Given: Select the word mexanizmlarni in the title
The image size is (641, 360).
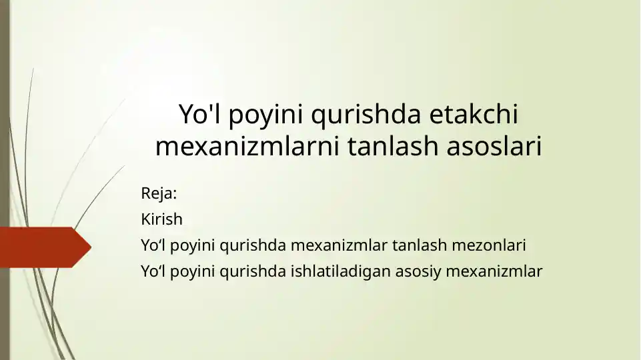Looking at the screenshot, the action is (x=247, y=146).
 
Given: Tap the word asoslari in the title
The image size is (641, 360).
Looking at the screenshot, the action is (x=494, y=146).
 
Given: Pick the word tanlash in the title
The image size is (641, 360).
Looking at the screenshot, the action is (x=393, y=146).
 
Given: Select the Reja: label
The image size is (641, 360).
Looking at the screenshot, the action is (x=159, y=193).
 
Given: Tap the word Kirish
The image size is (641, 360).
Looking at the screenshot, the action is (x=161, y=219).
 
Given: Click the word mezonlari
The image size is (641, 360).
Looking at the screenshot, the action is (x=488, y=245).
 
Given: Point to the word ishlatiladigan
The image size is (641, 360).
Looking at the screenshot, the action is (x=341, y=271).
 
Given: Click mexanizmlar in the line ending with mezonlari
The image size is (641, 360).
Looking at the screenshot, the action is (x=339, y=245).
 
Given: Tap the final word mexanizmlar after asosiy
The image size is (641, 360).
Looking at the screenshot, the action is (x=494, y=271).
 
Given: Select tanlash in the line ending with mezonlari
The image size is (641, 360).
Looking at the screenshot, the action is (x=420, y=245).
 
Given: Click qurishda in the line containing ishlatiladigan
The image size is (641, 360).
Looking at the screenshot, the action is (x=253, y=271).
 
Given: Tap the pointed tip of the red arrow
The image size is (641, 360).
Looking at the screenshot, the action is (x=91, y=247).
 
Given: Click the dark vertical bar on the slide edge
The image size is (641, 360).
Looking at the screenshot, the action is (x=5, y=180).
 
